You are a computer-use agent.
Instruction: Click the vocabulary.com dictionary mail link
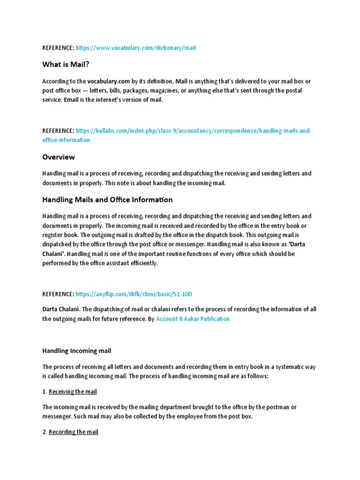coord(135,48)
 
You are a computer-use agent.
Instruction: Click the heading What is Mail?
coord(66,64)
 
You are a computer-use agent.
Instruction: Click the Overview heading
coord(59,157)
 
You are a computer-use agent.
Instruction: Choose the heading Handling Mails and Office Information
coord(107,200)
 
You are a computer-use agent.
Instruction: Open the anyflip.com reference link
coord(134,294)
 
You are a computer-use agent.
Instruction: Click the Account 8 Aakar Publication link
coord(193,319)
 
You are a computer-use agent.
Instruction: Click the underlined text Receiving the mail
coord(73,391)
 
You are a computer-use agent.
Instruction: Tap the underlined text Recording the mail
coord(74,432)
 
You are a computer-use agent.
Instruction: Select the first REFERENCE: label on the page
coord(58,48)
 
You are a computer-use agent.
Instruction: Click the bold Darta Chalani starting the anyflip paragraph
coord(61,309)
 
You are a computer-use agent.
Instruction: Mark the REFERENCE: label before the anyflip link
coord(58,294)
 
